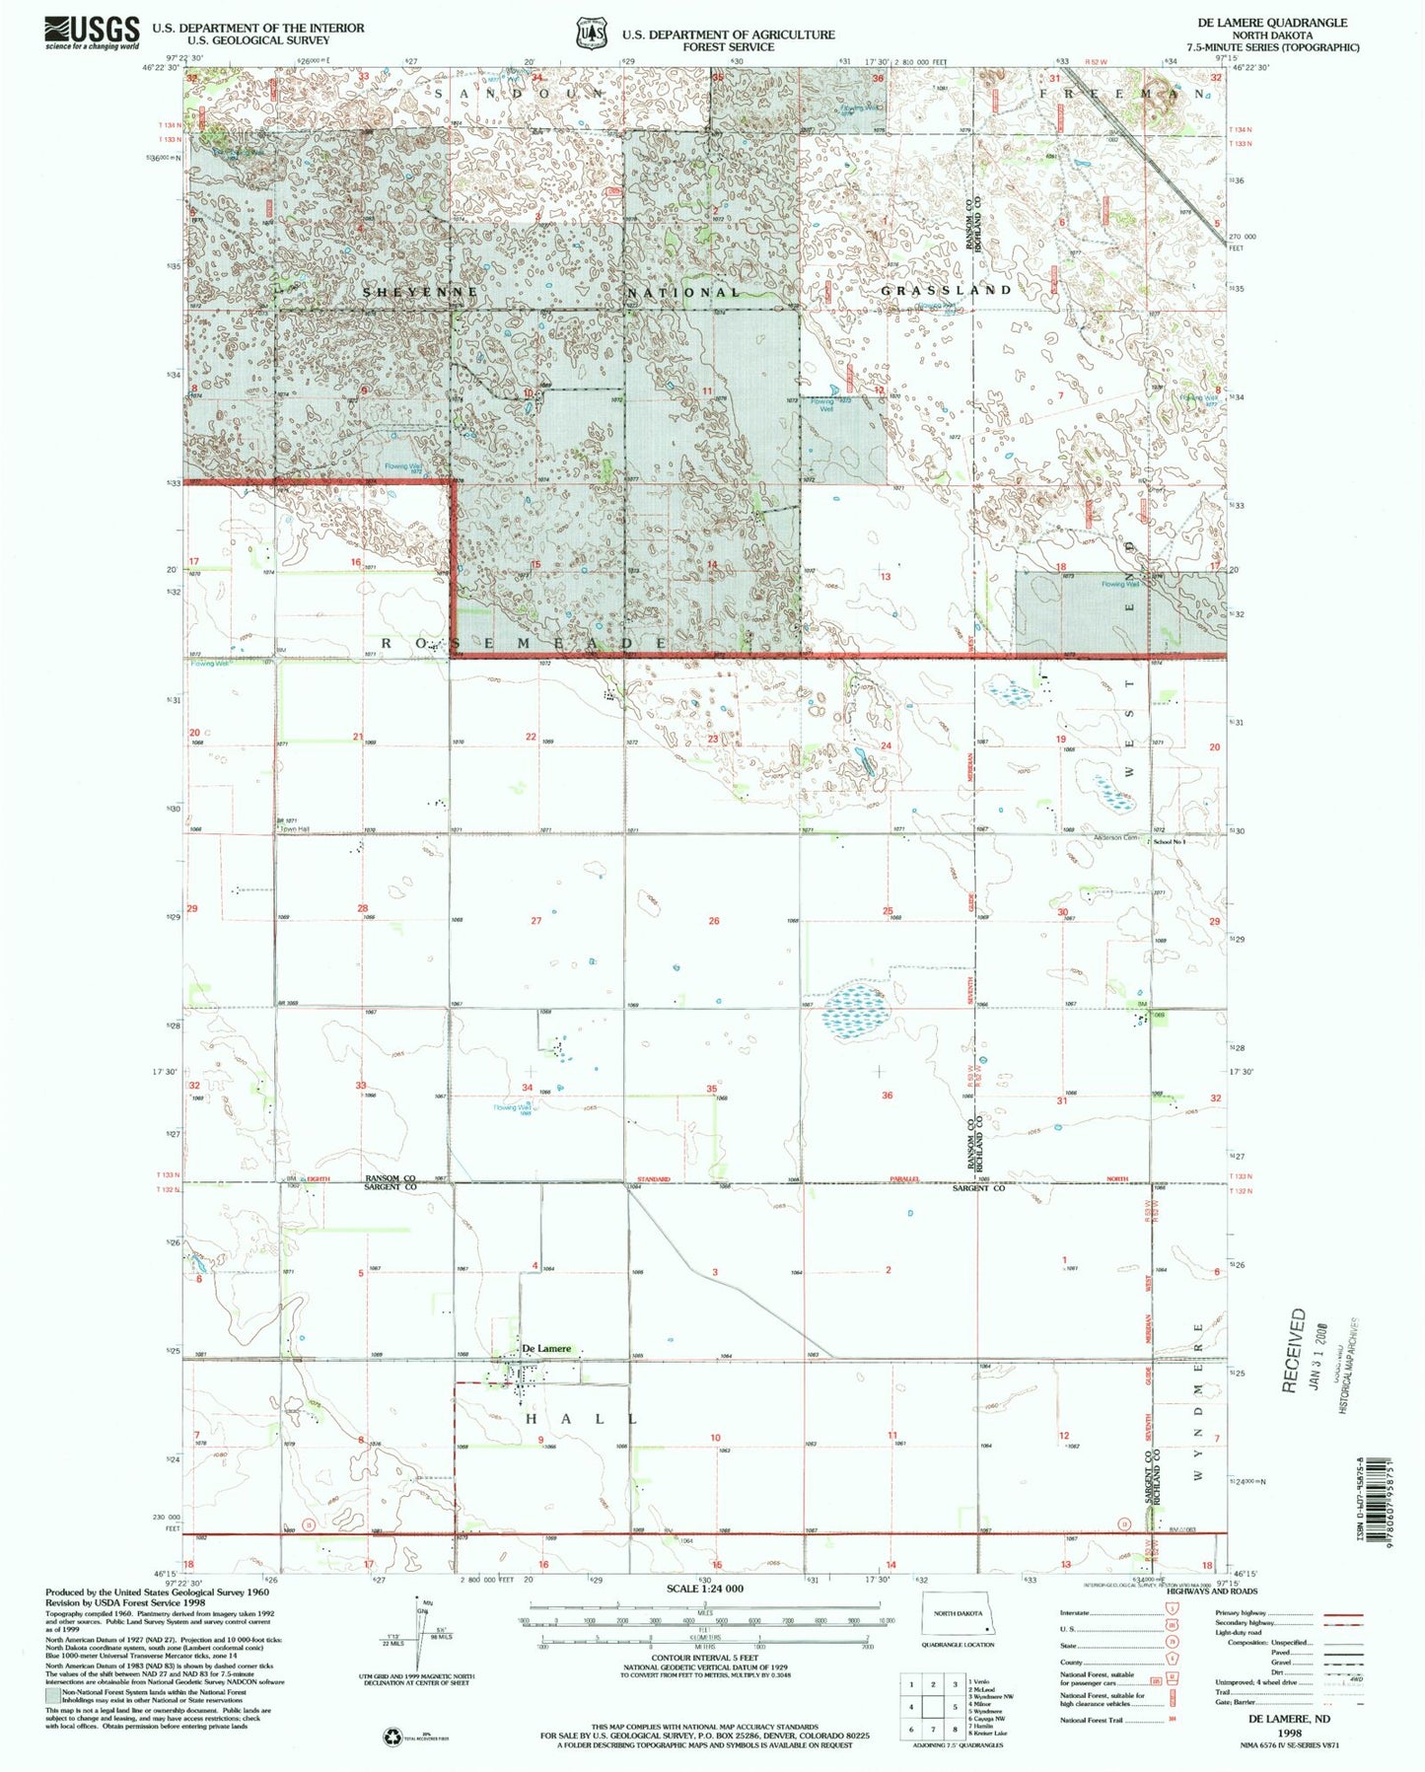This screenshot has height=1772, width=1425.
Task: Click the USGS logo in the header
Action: pyautogui.click(x=92, y=34)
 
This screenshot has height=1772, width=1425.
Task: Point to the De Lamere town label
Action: pyautogui.click(x=546, y=1349)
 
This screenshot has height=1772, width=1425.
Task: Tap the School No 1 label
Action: pyautogui.click(x=1170, y=841)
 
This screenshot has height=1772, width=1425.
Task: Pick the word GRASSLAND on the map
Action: pyautogui.click(x=946, y=291)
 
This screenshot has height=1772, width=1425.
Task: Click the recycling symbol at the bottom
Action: pyautogui.click(x=392, y=1737)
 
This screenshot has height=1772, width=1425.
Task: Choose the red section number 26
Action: pyautogui.click(x=714, y=921)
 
